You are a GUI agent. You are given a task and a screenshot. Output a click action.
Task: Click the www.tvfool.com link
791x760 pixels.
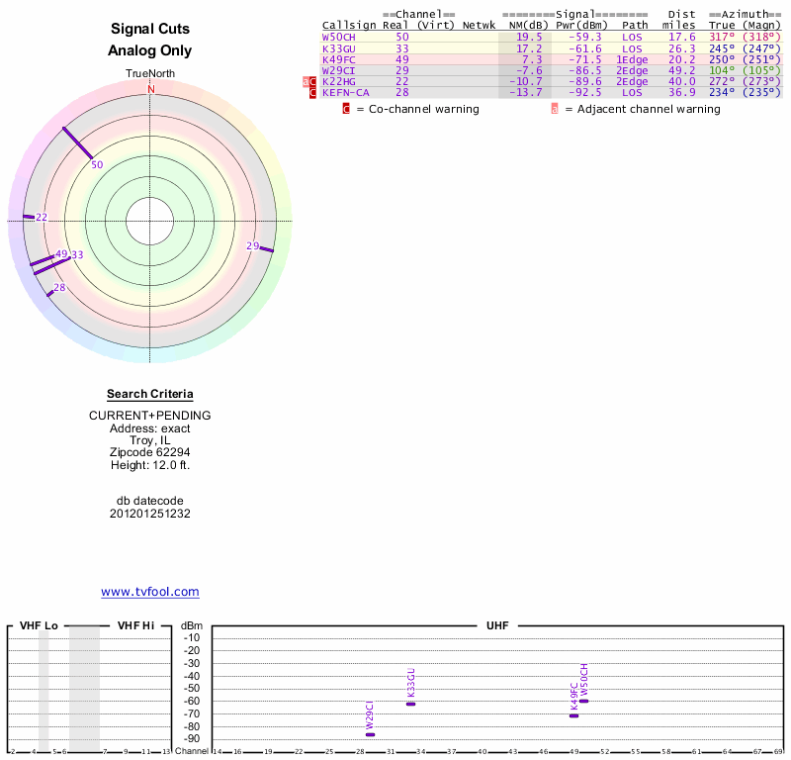pos(149,592)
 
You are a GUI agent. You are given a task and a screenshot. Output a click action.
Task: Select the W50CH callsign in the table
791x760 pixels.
pos(338,37)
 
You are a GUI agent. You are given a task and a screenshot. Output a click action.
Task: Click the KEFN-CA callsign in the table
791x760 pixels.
pos(346,92)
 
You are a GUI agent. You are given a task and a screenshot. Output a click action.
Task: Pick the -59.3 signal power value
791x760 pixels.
pos(582,37)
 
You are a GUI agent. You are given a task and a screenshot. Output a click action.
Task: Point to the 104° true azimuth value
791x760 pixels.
pos(722,70)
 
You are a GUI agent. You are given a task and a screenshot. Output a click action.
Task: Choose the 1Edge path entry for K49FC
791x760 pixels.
pos(632,59)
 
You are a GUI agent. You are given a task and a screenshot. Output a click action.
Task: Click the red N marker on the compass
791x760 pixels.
pos(151,89)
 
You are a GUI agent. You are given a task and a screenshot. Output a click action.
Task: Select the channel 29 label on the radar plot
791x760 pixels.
pos(252,245)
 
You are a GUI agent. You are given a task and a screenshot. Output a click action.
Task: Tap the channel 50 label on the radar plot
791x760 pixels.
pos(97,164)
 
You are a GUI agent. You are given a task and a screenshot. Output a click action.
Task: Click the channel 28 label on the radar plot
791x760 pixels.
pos(59,287)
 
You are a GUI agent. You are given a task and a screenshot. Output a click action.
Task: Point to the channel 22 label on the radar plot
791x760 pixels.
pos(42,217)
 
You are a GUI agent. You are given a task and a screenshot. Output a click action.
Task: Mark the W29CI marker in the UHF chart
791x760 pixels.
pos(370,734)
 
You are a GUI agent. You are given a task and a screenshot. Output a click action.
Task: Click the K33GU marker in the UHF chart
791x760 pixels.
pos(411,704)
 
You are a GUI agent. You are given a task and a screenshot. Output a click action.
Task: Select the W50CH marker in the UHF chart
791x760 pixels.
pos(583,701)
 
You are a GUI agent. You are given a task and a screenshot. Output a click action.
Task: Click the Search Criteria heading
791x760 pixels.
pos(150,394)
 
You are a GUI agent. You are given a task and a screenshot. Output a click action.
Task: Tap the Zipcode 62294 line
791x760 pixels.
pos(150,452)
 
